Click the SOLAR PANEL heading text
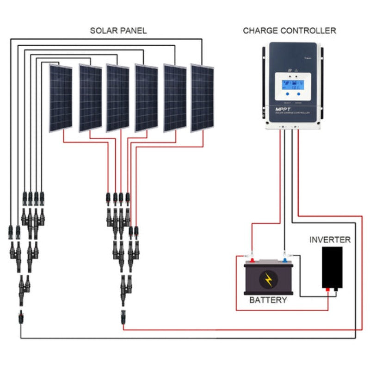(118, 31)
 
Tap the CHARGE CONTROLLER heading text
(290, 31)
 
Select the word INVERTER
(330, 240)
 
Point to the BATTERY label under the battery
(268, 300)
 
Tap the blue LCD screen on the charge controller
(290, 85)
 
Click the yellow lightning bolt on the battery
(268, 279)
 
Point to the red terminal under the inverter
(328, 290)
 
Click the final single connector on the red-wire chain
(123, 318)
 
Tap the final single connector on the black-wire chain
(21, 318)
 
